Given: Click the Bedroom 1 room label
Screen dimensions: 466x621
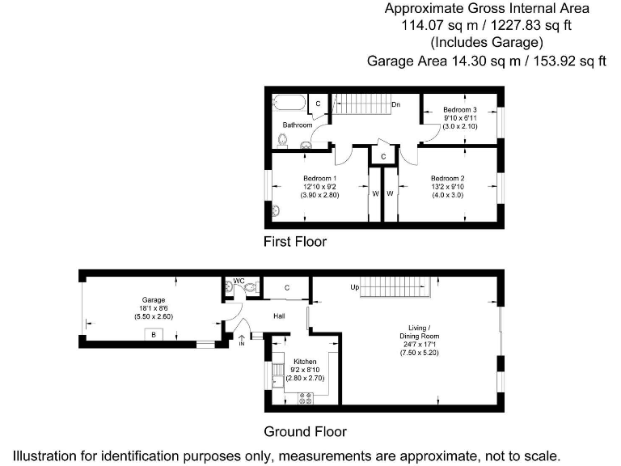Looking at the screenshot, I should [x=319, y=178].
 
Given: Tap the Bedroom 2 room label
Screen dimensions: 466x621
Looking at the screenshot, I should [x=447, y=178].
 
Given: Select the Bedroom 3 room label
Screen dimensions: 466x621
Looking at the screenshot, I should [x=459, y=109].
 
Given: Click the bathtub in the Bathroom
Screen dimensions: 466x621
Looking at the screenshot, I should [x=289, y=104].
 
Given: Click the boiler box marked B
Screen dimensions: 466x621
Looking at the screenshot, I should [x=152, y=334].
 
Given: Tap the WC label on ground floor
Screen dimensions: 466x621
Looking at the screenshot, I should [x=239, y=281].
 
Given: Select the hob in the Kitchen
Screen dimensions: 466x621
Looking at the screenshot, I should [x=306, y=396].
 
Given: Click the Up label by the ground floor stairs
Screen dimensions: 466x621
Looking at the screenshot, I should [x=354, y=288].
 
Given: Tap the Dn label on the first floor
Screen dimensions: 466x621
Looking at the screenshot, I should [x=396, y=104].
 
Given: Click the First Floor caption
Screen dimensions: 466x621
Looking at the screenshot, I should [x=295, y=241].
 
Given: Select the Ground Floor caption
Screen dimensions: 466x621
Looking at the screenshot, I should [x=305, y=431].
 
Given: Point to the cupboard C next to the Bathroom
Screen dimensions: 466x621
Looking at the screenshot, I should [x=318, y=104].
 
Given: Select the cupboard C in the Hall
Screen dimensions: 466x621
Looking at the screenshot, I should [x=287, y=287].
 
